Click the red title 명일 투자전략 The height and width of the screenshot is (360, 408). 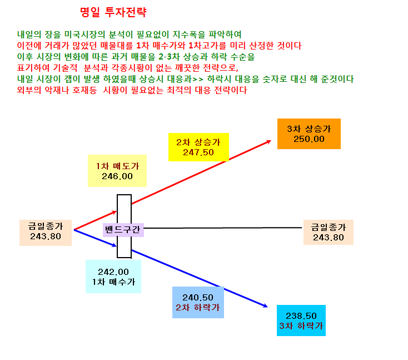[x=113, y=12]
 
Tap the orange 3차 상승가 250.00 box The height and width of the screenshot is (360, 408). [x=309, y=134]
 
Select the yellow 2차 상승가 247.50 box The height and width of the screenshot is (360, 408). [x=198, y=147]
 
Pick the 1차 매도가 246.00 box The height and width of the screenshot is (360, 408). [x=117, y=171]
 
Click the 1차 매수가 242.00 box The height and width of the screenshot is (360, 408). [x=113, y=277]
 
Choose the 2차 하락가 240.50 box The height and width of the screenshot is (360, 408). [x=198, y=302]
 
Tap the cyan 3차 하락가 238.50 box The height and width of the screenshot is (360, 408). [x=301, y=320]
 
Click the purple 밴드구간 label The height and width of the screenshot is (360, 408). [x=123, y=230]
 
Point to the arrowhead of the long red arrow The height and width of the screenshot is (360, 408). [x=271, y=141]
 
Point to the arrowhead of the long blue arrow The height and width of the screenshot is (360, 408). [x=267, y=307]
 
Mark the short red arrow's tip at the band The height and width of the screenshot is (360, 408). [x=116, y=211]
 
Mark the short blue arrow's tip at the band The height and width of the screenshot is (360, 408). [x=116, y=245]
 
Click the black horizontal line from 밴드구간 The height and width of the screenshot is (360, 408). [x=223, y=228]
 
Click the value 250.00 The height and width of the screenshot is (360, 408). [x=309, y=139]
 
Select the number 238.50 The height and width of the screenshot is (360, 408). [x=301, y=315]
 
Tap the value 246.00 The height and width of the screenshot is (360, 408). [x=117, y=176]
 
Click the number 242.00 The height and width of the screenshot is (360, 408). [x=113, y=272]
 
